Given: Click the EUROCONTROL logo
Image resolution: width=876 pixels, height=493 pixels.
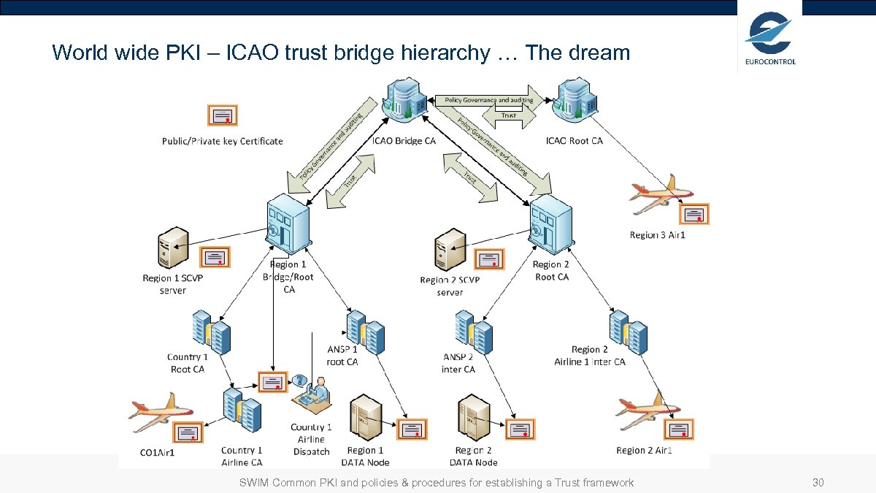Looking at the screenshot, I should (x=770, y=40).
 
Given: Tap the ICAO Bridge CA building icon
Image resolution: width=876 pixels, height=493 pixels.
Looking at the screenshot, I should (x=404, y=102).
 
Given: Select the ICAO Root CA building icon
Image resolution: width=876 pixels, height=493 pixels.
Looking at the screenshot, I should (x=575, y=102).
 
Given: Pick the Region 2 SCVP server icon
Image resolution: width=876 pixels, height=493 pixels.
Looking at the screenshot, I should (x=450, y=251).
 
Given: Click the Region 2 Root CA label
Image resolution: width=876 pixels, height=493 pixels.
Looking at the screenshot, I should (x=551, y=271).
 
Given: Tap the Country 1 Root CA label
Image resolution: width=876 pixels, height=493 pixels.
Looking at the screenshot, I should (x=188, y=363).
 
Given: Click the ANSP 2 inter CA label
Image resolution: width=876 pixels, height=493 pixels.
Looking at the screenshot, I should (x=458, y=363).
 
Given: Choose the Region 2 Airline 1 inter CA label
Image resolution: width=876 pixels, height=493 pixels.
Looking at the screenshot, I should (x=590, y=356).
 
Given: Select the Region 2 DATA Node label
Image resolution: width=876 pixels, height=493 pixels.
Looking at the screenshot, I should (x=473, y=456).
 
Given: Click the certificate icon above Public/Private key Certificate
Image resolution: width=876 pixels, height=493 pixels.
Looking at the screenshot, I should (x=223, y=115).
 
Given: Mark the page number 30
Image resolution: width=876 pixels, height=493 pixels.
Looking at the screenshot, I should (x=818, y=483).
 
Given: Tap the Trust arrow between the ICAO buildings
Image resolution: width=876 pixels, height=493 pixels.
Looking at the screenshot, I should (x=509, y=115).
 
